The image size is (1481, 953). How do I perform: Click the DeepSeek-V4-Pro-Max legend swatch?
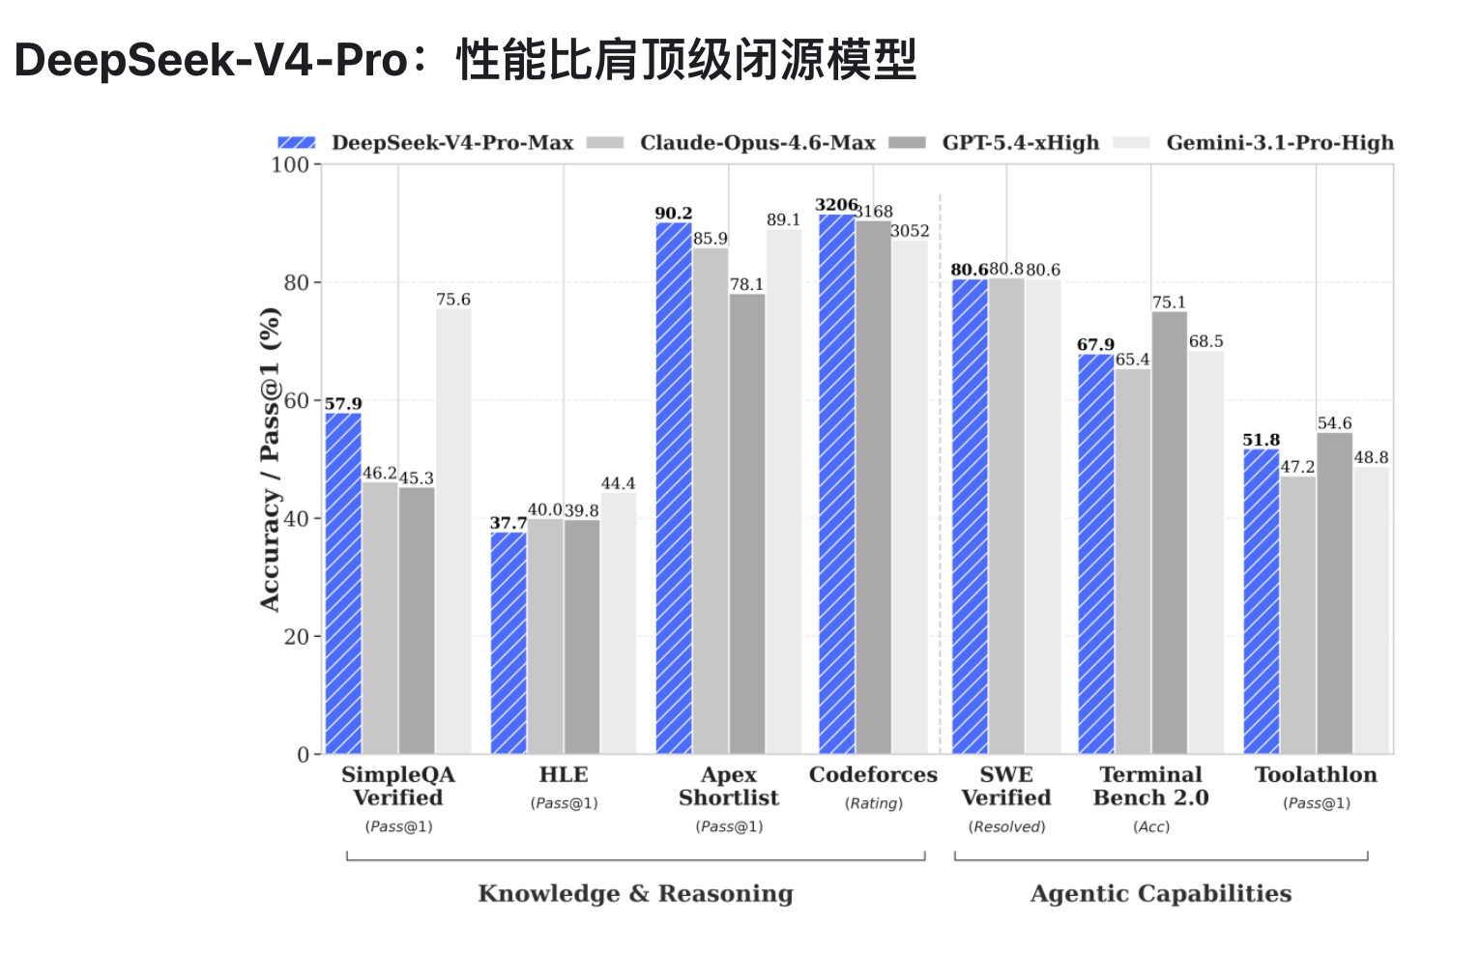297,143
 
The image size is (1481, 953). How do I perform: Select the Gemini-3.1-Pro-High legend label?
1280,143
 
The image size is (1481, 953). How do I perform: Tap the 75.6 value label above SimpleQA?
453,300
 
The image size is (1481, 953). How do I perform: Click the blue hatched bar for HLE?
508,643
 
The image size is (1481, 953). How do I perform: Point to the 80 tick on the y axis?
297,283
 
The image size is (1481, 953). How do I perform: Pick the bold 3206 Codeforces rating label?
836,205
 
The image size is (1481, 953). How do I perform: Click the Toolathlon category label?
1317,774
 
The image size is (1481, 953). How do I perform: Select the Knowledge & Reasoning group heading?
635,893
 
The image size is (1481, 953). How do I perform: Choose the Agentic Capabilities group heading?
1161,893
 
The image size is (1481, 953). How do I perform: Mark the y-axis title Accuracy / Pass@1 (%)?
270,460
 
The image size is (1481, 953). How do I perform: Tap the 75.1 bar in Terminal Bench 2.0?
1169,533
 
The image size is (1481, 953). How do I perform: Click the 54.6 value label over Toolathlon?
1334,423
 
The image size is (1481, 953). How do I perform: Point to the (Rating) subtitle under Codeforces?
873,803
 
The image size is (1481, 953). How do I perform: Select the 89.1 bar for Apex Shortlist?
784,492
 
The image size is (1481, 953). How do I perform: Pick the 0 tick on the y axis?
304,755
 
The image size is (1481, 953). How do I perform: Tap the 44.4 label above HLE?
618,484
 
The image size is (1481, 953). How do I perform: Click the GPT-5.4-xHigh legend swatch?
907,143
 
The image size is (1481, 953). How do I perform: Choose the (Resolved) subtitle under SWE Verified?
1007,826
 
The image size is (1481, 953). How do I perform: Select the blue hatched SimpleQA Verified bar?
343,584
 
